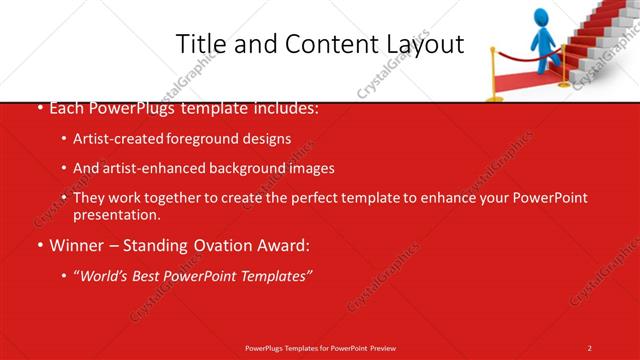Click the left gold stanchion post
493,75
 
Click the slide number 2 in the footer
590,347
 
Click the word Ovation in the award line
220,244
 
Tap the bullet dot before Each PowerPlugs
39,108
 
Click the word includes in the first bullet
286,107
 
